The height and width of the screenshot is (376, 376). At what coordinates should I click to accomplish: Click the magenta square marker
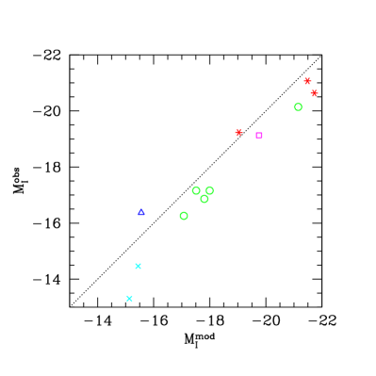click(x=259, y=135)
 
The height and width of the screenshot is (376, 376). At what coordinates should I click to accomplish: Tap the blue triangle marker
click(x=141, y=212)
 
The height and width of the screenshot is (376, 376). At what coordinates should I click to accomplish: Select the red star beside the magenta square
click(x=238, y=132)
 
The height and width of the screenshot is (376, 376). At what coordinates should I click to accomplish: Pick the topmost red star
click(x=307, y=81)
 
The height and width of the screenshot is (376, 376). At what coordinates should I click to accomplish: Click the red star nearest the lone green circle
click(x=314, y=93)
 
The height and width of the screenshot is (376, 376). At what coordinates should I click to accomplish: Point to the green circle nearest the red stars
click(x=298, y=106)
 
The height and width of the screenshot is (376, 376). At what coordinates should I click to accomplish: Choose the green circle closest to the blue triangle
click(x=184, y=216)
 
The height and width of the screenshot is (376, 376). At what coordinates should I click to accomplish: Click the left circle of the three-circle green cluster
click(x=196, y=190)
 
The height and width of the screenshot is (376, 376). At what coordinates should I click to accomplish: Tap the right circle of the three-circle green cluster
click(x=209, y=190)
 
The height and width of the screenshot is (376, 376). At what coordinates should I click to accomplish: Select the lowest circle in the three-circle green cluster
click(x=204, y=199)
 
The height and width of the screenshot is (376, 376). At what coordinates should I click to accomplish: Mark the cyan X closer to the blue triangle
click(x=138, y=266)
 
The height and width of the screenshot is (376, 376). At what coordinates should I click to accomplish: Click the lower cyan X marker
click(x=129, y=298)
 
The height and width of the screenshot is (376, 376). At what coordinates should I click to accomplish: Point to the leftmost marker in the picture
click(x=129, y=298)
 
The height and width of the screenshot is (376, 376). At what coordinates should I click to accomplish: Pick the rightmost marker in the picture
click(x=314, y=93)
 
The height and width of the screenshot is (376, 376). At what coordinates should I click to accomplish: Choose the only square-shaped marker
click(x=259, y=135)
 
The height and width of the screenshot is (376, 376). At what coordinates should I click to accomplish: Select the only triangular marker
click(x=141, y=212)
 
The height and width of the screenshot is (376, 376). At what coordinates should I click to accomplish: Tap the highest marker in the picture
click(x=307, y=81)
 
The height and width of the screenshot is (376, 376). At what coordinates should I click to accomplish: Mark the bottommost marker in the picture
click(x=129, y=298)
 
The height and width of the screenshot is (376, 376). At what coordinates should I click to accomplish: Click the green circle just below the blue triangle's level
click(x=184, y=216)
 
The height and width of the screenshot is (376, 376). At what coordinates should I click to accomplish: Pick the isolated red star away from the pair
click(x=238, y=132)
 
